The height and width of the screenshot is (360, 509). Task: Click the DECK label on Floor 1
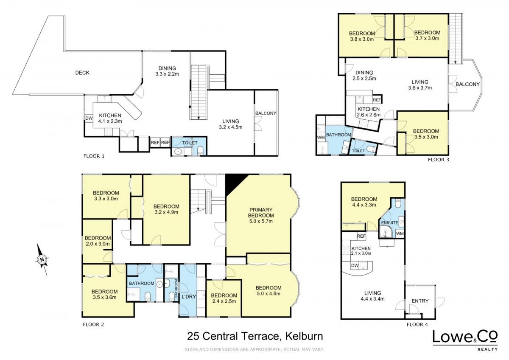coord(82,73)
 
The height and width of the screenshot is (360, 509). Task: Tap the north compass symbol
coord(42,259)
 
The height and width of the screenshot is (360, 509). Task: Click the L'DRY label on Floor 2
coord(189,297)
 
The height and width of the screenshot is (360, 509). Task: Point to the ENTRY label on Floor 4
coord(420,301)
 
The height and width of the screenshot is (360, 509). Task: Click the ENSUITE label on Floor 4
coord(389,222)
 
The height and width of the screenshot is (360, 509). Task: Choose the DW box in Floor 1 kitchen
coord(89,118)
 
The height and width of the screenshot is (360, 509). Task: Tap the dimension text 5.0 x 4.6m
coord(268,294)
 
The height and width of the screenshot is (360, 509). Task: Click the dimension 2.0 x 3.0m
coord(98,244)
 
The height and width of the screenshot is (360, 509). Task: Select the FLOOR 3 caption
coord(438,160)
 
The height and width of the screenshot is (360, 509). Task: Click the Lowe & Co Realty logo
coord(465,341)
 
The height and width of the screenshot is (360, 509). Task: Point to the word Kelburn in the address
coord(304,336)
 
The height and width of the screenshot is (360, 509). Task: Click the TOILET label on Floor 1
coord(190,143)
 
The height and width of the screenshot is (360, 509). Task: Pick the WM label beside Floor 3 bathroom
coord(321,138)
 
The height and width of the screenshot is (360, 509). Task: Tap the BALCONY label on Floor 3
coord(467,84)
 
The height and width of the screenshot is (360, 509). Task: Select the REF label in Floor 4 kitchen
coord(361,236)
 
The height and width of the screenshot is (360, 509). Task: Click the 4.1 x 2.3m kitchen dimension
coord(110,121)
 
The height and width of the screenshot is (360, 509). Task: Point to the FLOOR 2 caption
coord(93,324)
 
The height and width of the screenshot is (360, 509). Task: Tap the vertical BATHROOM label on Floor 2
coord(176,288)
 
